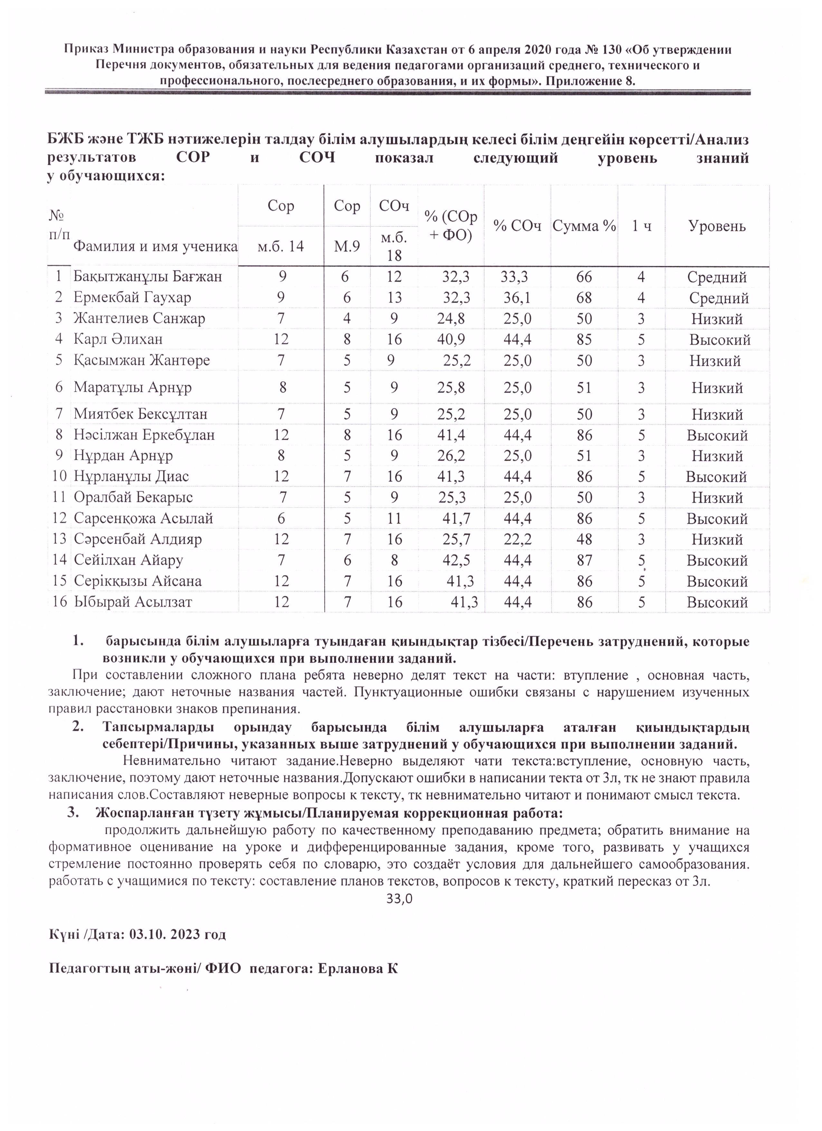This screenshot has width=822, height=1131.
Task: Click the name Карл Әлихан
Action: (118, 340)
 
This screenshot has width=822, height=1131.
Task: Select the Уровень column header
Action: (717, 227)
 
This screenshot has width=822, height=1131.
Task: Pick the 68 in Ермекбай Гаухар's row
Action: (584, 298)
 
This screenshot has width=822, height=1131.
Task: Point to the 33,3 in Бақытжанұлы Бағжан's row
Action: (514, 277)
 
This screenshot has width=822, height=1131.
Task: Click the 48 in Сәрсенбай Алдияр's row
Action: (584, 540)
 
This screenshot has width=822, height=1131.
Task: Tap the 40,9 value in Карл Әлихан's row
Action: (451, 340)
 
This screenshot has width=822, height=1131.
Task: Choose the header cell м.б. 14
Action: (280, 247)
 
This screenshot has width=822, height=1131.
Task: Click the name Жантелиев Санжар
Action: (139, 319)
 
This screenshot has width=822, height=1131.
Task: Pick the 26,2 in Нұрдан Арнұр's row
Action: (451, 456)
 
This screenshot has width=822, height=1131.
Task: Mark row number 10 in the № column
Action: (59, 477)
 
